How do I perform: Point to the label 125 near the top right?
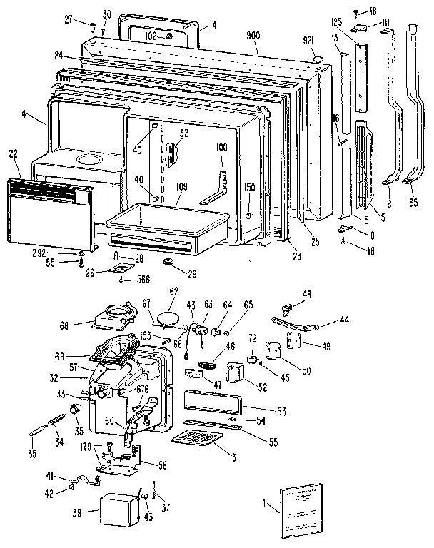point(338,22)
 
